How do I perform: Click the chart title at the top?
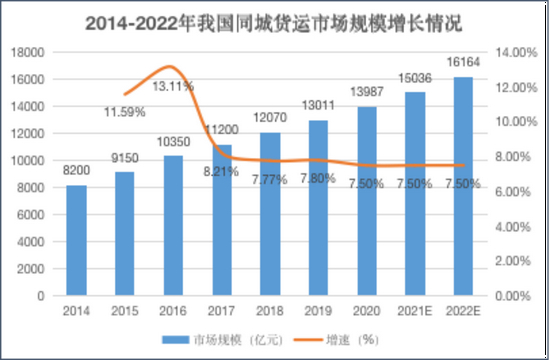[x=274, y=20]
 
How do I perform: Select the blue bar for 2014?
[x=76, y=240]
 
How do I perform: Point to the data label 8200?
[x=76, y=171]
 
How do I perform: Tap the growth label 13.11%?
[x=173, y=86]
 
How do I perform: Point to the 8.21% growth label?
[x=222, y=171]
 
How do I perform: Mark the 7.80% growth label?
[x=317, y=178]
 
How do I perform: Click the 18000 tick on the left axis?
[x=29, y=52]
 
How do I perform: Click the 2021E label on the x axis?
[x=414, y=311]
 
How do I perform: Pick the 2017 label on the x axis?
[x=221, y=311]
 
